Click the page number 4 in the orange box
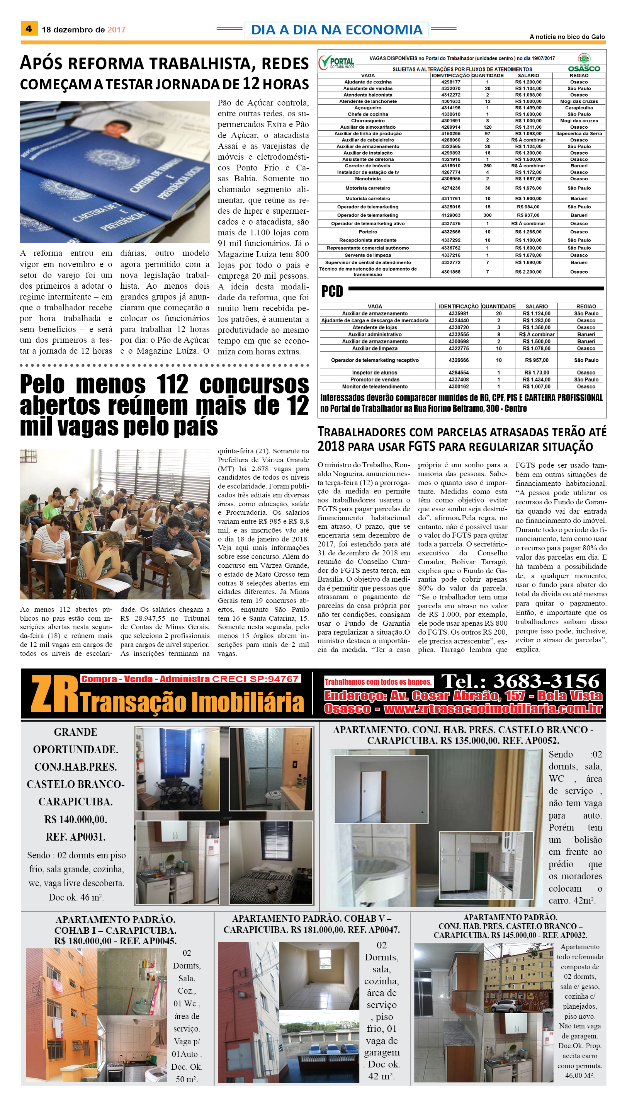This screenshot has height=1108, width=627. coord(29,29)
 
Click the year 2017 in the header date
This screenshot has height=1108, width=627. coord(116,30)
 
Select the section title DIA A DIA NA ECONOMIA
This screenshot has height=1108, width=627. coord(336,30)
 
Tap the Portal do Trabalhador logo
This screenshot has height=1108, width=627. coord(336,63)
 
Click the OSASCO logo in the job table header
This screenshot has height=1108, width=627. coord(584,64)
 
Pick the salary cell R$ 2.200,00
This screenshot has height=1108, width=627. coord(528,272)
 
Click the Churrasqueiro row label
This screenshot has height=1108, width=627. coord(368,121)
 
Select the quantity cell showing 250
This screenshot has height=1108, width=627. coord(487,166)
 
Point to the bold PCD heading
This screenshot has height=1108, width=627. coord(332,292)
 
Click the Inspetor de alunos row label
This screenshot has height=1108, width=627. coord(375,373)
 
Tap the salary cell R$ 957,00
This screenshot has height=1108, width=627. coord(536,360)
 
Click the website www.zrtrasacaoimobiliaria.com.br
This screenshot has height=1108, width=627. coord(493,709)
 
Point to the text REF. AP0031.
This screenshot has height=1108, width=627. coord(75,837)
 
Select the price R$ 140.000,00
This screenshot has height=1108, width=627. coord(75,819)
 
